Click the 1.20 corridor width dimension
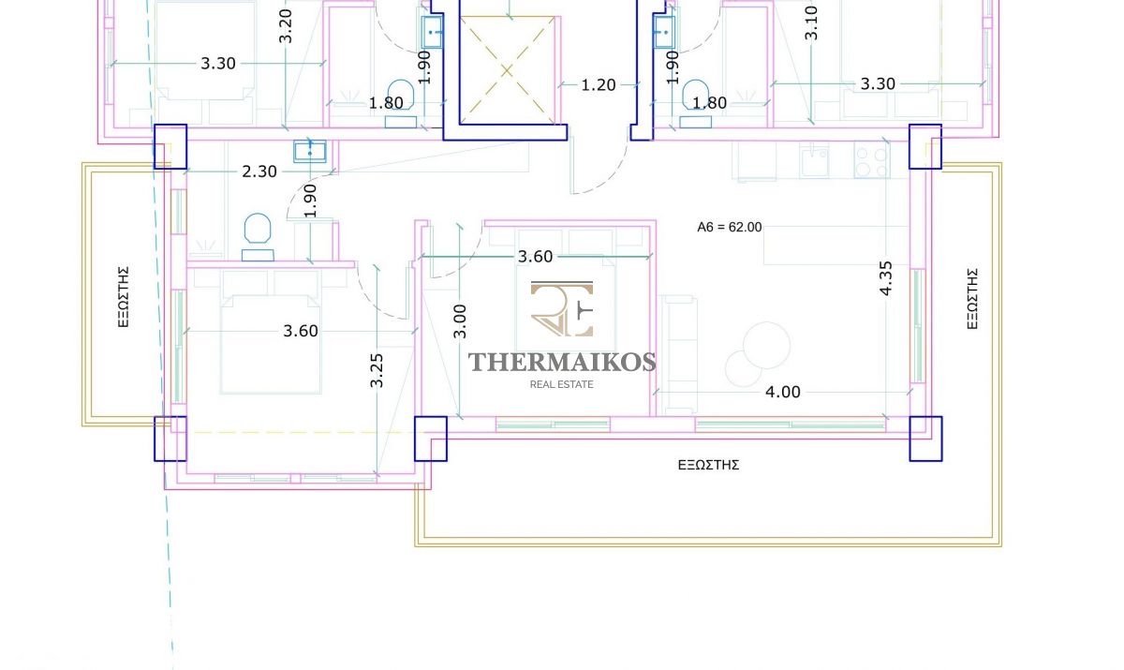[x=599, y=85]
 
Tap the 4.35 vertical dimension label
[x=886, y=278]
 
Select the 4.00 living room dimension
[x=783, y=392]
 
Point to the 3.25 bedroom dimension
[x=377, y=370]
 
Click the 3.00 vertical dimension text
[x=460, y=321]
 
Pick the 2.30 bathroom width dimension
[x=259, y=171]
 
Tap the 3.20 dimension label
[x=285, y=26]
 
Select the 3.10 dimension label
[x=811, y=23]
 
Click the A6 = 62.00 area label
[x=729, y=228]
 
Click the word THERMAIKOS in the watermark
[x=562, y=363]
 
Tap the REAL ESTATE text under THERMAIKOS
[x=561, y=384]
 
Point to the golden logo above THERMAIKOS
[x=562, y=308]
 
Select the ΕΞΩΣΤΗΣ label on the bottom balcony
[x=708, y=465]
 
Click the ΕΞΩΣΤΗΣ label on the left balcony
[x=124, y=297]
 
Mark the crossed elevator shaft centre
[x=507, y=71]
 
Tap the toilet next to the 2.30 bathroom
[x=258, y=237]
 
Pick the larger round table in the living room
[x=766, y=346]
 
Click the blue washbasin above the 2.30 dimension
[x=310, y=152]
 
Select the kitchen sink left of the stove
[x=814, y=160]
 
